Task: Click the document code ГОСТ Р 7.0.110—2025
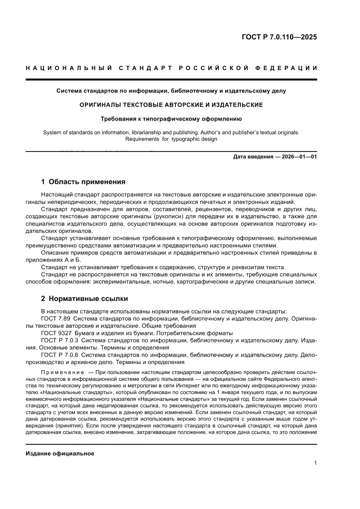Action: point(279,37)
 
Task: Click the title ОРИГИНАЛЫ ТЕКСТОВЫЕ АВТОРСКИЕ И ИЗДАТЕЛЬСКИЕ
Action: point(171,105)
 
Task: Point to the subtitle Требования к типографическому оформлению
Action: point(171,118)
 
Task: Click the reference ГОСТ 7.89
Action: point(55,319)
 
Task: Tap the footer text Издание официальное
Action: point(60,453)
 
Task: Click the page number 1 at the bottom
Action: point(315,463)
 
